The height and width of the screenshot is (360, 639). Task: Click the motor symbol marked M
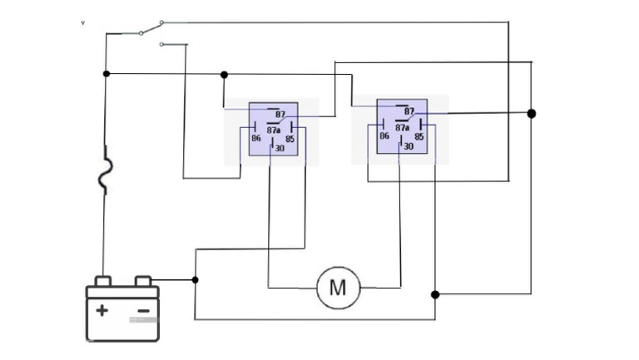338,288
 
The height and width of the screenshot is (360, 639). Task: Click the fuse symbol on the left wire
105,171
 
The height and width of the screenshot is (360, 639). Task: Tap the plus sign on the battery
102,311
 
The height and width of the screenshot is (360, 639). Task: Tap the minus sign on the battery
143,312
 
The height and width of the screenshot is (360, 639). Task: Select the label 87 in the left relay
280,115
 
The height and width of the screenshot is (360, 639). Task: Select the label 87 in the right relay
409,111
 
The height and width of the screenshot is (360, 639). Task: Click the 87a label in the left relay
274,131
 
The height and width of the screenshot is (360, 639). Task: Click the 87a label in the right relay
402,127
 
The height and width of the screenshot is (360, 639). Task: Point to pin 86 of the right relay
384,136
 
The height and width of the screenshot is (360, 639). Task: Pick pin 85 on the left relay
290,139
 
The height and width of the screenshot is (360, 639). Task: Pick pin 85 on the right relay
419,136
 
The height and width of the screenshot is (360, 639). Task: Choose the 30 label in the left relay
280,149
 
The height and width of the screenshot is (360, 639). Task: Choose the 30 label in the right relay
409,146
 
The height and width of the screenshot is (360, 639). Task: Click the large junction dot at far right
532,113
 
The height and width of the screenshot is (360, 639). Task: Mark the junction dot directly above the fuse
106,74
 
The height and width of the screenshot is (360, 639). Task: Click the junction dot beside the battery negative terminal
195,280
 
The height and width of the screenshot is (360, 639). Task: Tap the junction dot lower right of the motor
435,294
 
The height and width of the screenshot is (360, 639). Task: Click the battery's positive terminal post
102,281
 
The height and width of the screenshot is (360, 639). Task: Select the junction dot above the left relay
224,75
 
